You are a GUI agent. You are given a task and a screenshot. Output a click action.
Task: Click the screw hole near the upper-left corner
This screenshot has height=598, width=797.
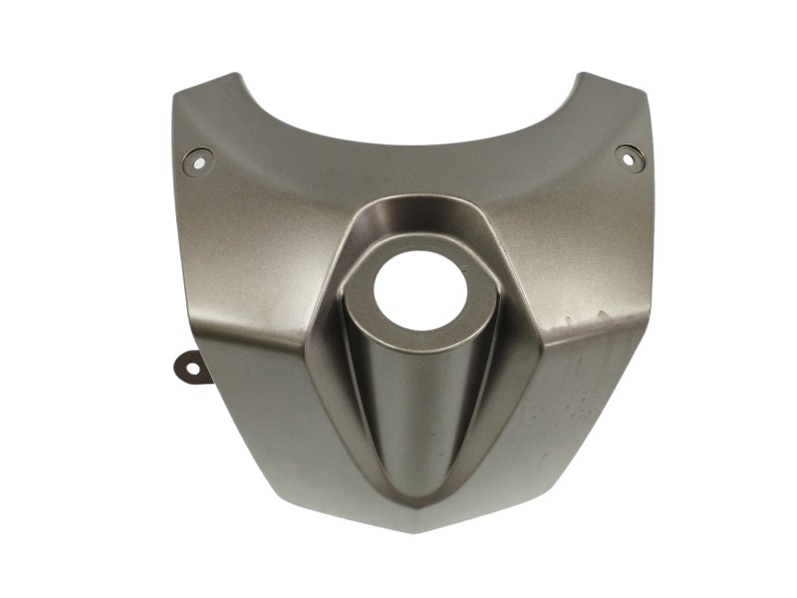point(197,159)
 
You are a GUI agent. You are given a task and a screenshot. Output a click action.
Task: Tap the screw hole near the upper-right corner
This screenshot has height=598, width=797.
point(629,155)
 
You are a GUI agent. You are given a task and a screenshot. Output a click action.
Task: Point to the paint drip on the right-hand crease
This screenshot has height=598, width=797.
point(598,317)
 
